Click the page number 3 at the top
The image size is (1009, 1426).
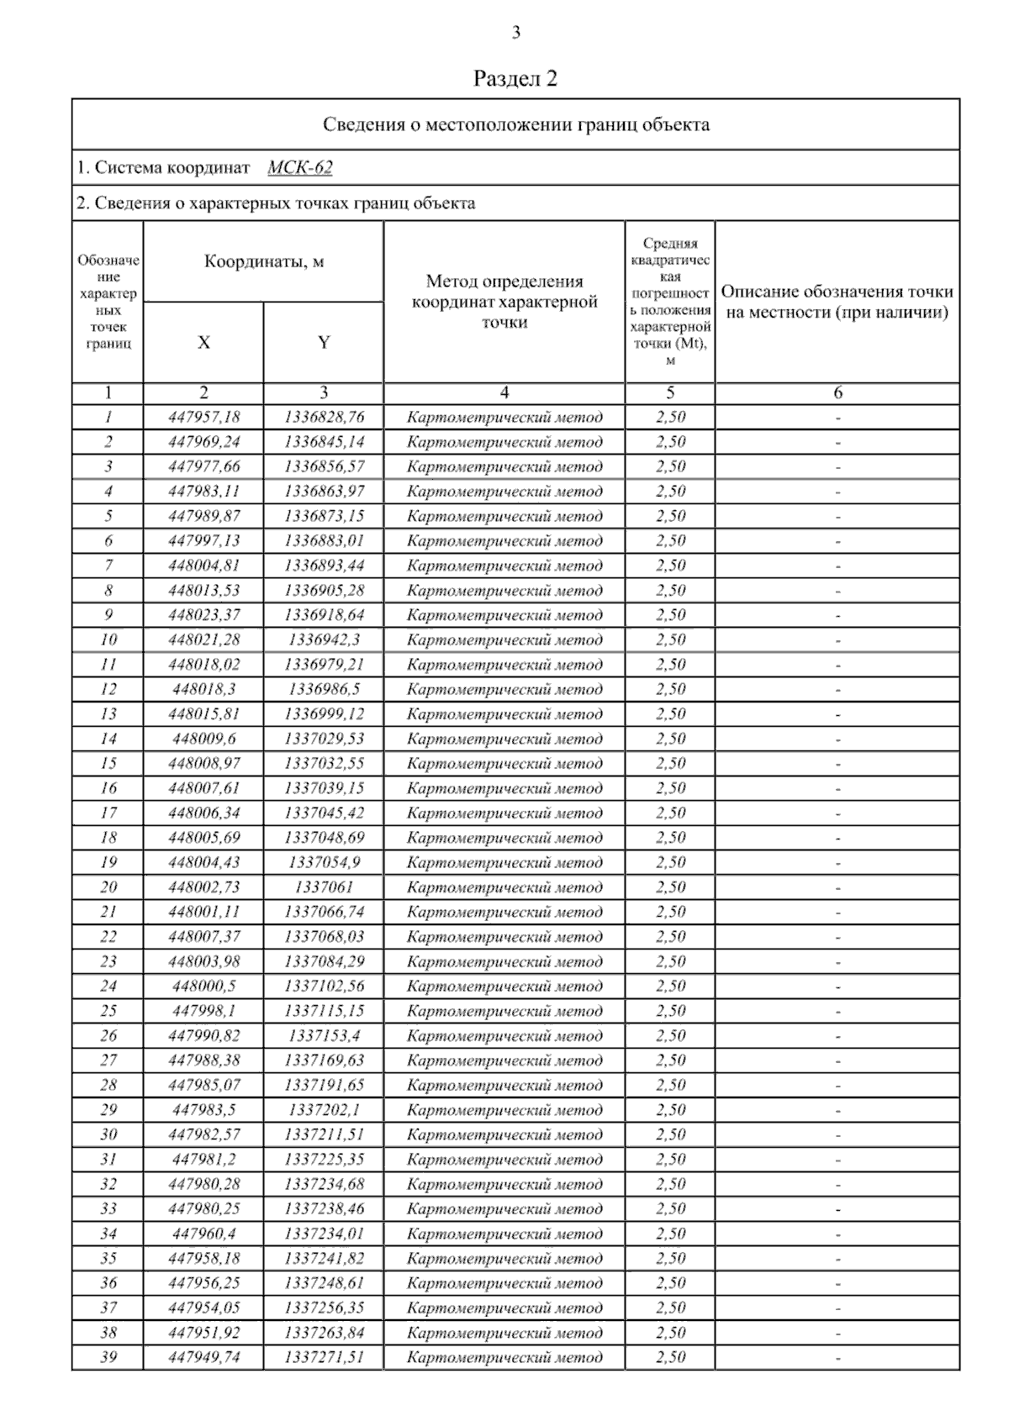click(515, 34)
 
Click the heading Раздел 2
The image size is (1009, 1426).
click(515, 79)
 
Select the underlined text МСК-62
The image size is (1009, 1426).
click(300, 168)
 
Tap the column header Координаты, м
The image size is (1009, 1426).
click(263, 262)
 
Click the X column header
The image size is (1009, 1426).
click(203, 343)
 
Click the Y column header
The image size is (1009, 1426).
click(324, 343)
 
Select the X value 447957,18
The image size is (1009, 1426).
click(203, 418)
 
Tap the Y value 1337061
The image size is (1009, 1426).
click(324, 887)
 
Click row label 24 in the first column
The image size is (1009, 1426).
click(108, 987)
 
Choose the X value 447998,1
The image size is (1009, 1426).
click(203, 1011)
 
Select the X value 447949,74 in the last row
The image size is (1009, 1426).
click(203, 1357)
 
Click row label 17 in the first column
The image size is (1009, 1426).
click(108, 813)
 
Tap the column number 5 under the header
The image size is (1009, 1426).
click(670, 393)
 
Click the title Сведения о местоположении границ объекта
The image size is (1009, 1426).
click(515, 125)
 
